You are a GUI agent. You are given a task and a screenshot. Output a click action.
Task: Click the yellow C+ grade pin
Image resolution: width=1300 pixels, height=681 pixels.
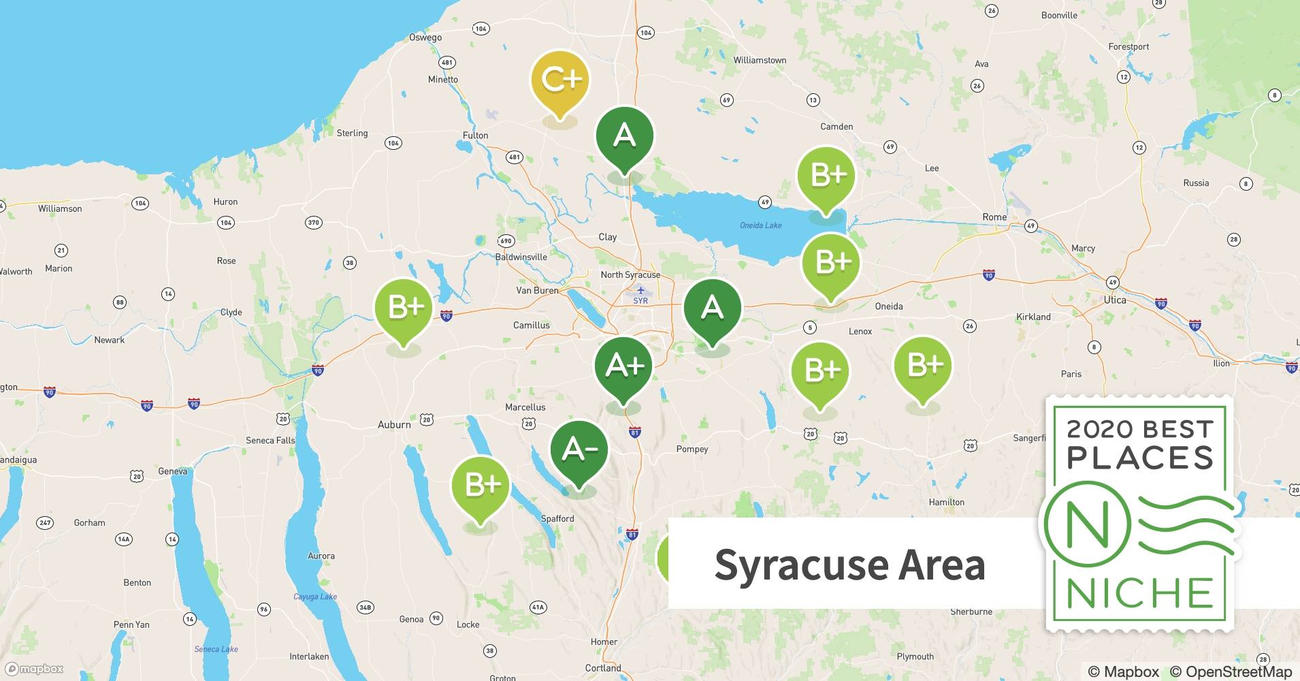[x=559, y=80]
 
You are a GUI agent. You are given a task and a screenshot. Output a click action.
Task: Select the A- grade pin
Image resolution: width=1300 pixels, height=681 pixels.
[x=579, y=449]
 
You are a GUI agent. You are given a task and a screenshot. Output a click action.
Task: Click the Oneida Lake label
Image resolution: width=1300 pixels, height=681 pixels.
[x=760, y=225]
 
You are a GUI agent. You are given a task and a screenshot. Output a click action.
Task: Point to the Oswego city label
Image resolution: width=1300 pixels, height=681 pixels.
[x=425, y=37]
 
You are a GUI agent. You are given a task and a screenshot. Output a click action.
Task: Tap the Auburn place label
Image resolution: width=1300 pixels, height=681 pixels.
[x=394, y=424]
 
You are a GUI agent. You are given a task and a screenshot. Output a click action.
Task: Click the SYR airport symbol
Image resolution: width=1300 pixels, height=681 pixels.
[x=640, y=291]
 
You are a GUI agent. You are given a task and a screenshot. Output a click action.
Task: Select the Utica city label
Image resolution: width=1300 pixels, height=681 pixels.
[x=1114, y=300]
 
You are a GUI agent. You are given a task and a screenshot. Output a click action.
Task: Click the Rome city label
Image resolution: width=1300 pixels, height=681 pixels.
[x=994, y=217]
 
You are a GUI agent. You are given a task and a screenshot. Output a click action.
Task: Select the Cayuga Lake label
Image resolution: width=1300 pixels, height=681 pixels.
[x=314, y=597]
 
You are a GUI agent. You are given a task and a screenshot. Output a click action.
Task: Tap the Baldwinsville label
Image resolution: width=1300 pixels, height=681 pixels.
[x=521, y=257]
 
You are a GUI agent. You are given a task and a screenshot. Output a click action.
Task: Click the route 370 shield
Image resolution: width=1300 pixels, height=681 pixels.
[x=313, y=223]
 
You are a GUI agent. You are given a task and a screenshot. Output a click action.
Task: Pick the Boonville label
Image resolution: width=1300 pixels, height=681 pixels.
[x=1059, y=15]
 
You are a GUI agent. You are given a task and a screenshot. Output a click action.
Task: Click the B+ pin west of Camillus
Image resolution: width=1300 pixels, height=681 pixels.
[x=404, y=308]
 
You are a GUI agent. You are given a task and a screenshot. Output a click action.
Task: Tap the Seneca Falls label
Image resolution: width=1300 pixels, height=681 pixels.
[x=270, y=441]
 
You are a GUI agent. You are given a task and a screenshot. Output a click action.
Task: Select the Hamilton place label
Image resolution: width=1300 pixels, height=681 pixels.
[x=946, y=502]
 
